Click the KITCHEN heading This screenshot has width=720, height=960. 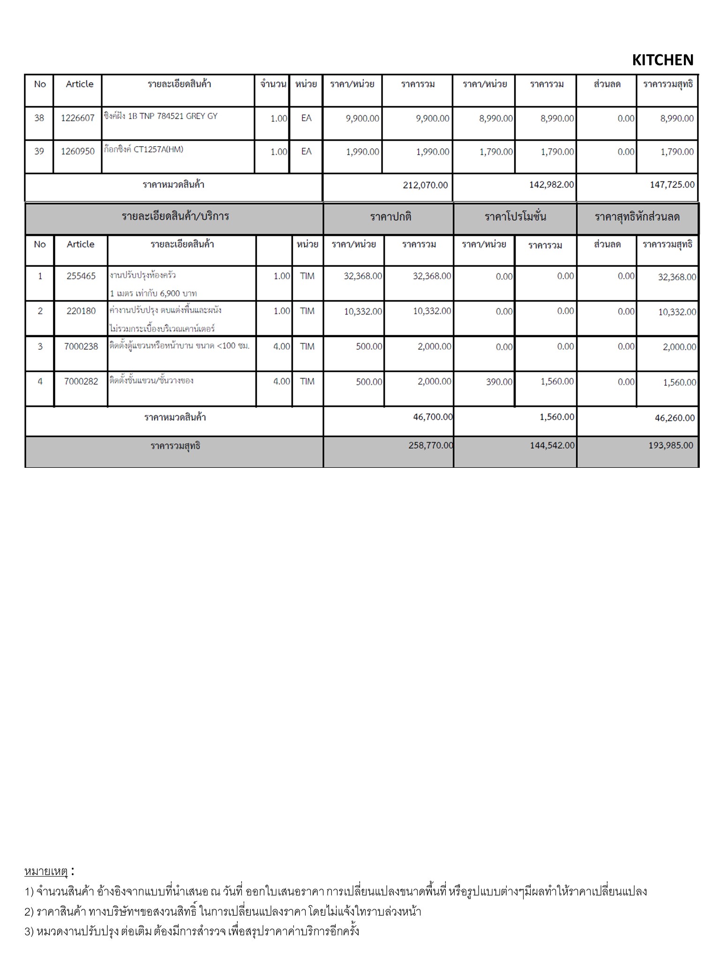[662, 60]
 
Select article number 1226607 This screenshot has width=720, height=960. [78, 118]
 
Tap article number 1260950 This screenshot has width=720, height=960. [78, 151]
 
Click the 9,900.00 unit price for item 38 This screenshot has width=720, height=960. [362, 119]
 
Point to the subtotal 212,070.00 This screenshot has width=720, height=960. [425, 185]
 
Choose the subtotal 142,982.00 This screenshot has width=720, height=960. [551, 185]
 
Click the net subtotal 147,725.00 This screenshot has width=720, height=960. [672, 185]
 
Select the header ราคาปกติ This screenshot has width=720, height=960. [390, 217]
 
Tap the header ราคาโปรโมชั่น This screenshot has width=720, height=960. [515, 217]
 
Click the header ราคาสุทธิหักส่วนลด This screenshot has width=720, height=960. [637, 217]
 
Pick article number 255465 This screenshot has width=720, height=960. [81, 276]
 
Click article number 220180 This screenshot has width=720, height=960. [81, 311]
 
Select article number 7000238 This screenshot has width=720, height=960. [81, 346]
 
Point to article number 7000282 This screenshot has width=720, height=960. [81, 382]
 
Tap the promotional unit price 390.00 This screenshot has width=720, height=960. [499, 382]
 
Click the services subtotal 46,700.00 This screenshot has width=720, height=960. [433, 417]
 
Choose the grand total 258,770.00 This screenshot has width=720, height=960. [430, 445]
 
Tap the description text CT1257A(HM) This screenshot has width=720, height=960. [158, 150]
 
